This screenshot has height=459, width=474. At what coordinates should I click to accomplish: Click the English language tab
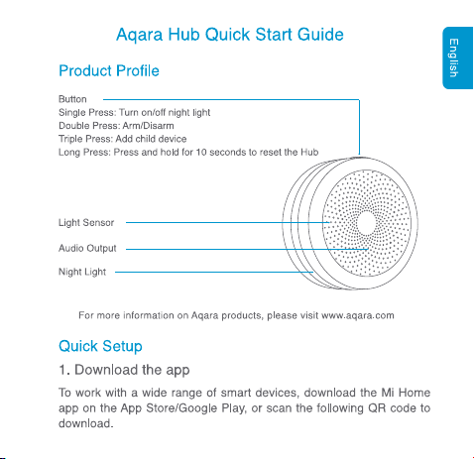point(458,57)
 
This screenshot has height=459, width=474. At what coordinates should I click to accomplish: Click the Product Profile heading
point(109,70)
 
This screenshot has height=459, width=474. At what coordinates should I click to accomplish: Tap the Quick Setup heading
point(100,347)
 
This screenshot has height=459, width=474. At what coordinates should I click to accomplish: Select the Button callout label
point(72,99)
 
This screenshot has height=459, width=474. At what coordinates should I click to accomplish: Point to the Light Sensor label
point(86,222)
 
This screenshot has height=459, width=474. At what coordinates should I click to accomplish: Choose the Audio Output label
point(87,248)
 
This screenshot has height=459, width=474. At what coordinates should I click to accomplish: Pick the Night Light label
point(82,272)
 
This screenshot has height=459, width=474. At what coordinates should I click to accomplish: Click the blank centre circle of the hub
point(366,223)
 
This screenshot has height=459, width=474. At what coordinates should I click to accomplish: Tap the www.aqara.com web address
point(358,315)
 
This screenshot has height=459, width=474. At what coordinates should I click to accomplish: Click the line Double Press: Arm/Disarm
point(116,126)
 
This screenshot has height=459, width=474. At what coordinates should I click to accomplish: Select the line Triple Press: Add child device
point(122,139)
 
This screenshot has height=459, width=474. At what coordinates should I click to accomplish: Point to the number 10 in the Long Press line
point(201,153)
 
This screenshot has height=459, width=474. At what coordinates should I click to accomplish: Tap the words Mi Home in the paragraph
point(406,393)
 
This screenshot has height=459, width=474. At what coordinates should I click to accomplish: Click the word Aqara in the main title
point(140,35)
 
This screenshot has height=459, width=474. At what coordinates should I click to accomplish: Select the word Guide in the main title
point(320,35)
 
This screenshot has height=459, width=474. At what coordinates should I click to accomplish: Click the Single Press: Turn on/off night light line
point(134,113)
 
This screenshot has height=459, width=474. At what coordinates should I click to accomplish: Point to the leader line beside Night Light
point(214,272)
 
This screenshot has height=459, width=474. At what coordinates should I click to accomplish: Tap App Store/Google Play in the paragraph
point(183,408)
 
